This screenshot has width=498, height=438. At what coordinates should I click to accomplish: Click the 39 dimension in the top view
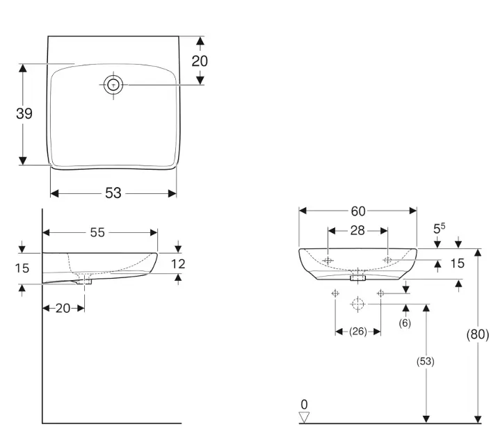point(24,113)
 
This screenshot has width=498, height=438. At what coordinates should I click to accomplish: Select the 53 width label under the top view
point(113,193)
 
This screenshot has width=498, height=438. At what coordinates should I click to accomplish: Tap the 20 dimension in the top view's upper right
point(200,60)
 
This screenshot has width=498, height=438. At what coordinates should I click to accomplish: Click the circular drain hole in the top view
point(114,85)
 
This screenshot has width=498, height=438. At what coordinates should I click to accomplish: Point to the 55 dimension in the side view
point(97,233)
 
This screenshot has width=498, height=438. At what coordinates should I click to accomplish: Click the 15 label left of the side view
point(22,268)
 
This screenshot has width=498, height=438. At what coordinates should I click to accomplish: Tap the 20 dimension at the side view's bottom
point(63,308)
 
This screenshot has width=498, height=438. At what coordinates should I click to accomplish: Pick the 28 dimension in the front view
point(358,231)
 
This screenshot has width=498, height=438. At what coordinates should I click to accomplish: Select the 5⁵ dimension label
point(439,227)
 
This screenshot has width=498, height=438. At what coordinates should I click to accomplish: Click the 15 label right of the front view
point(457,263)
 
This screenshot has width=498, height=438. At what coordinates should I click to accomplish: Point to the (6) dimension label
point(405,323)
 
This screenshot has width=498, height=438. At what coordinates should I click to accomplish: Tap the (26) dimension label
point(358,332)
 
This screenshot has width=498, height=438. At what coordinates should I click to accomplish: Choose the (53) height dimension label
point(426,362)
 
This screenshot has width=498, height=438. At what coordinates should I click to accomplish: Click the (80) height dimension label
point(477,334)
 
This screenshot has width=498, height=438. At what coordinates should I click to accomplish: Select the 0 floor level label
point(303,405)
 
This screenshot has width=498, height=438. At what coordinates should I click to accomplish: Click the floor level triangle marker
point(303,417)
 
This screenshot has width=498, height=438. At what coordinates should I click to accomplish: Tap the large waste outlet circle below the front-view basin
point(358,305)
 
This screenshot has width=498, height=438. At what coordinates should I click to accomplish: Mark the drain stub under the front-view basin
point(358,277)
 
